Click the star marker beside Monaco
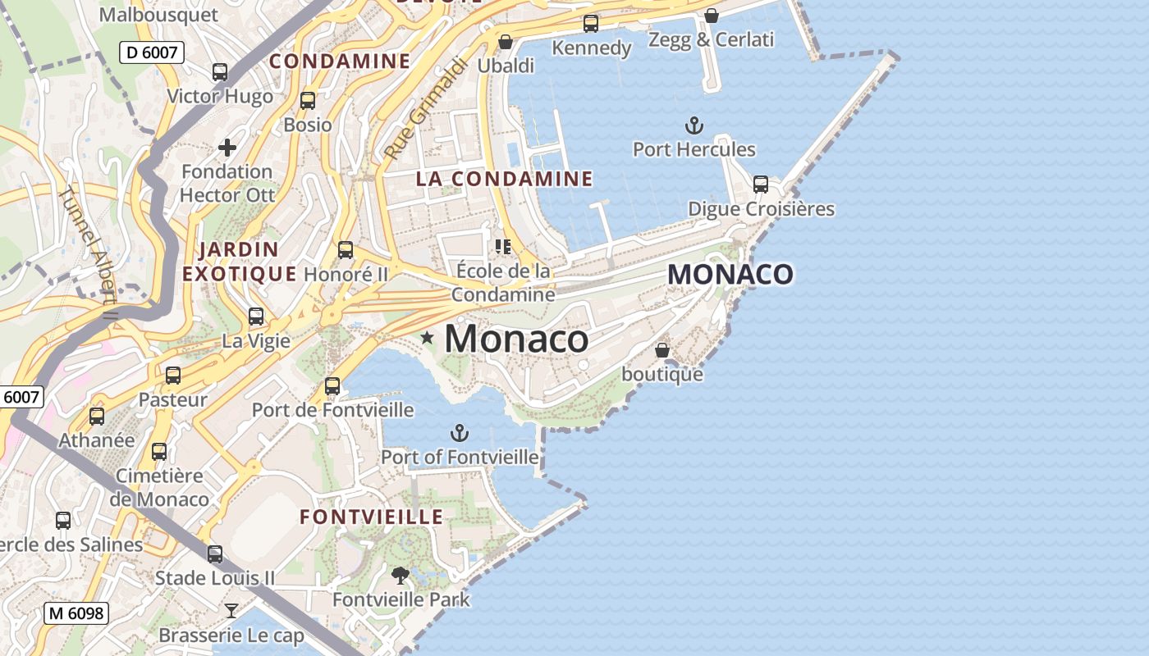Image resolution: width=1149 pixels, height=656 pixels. (427, 337)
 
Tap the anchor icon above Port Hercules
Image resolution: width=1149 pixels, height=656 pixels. (694, 125)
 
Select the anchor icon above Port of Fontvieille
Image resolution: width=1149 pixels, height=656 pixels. (460, 432)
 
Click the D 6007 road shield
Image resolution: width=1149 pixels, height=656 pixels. (152, 52)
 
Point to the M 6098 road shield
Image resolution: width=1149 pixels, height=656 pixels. (76, 613)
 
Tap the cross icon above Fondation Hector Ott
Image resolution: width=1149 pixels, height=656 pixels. (227, 148)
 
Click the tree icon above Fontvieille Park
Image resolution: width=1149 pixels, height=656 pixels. (401, 576)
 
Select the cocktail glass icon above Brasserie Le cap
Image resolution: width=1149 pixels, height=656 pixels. (231, 611)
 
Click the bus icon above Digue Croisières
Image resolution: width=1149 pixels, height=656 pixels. (761, 184)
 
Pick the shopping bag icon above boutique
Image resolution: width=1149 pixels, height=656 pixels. (662, 350)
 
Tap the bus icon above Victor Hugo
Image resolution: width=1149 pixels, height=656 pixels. (220, 72)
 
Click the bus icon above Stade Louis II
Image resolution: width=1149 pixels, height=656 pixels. (215, 554)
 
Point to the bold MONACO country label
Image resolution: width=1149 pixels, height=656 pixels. (730, 275)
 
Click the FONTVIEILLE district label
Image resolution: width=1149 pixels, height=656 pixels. (372, 517)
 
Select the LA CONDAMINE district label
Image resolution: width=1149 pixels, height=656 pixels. (504, 179)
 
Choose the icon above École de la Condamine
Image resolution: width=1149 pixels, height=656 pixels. (503, 246)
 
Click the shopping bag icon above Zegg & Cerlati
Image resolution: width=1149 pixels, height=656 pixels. (712, 16)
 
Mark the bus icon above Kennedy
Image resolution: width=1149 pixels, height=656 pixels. (591, 23)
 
